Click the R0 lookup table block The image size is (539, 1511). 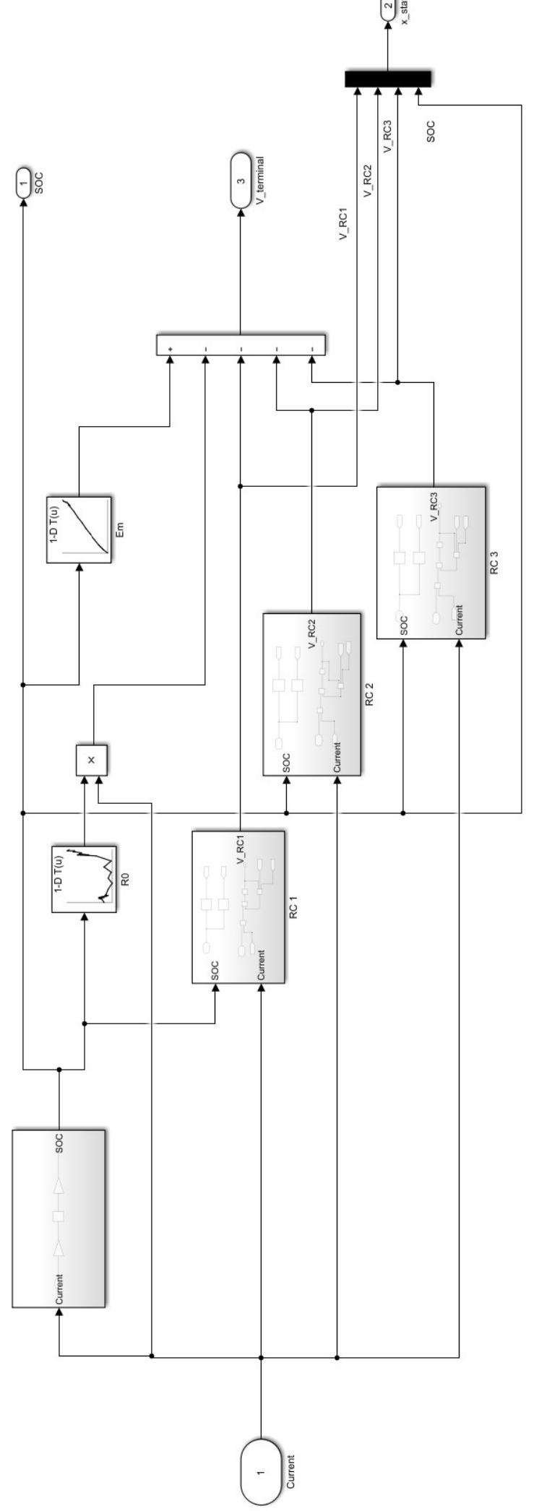pyautogui.click(x=84, y=878)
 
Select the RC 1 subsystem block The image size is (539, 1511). pyautogui.click(x=238, y=906)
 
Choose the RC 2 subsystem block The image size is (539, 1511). pyautogui.click(x=311, y=694)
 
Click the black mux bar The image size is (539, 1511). pyautogui.click(x=387, y=79)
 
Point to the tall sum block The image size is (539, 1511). pyautogui.click(x=241, y=345)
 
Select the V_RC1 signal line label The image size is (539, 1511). pyautogui.click(x=345, y=224)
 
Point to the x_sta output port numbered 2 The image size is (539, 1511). pyautogui.click(x=388, y=7)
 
